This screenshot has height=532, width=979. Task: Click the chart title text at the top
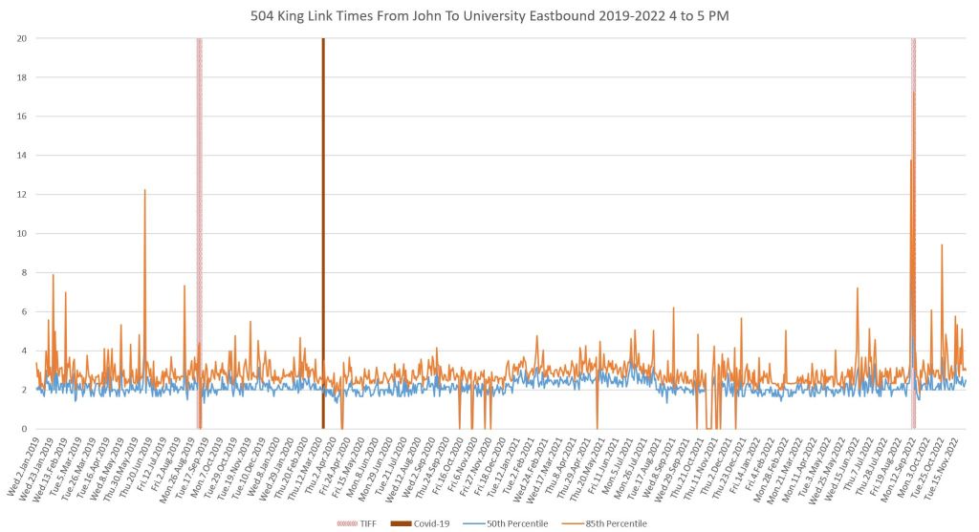(489, 14)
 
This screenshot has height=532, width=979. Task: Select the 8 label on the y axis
(23, 273)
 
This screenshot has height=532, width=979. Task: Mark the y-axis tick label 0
(23, 429)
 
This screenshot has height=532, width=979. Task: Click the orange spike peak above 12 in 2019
(145, 190)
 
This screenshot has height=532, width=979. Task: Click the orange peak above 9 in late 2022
(942, 245)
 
